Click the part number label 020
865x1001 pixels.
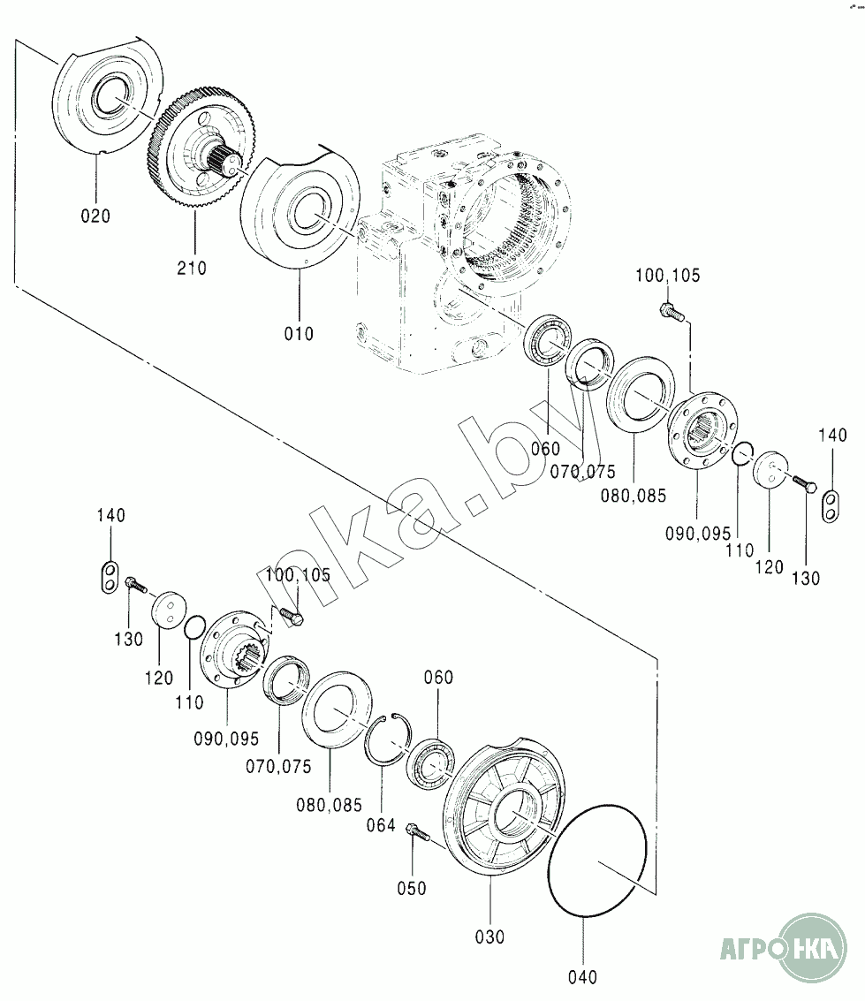[95, 215]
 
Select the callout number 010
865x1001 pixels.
[299, 333]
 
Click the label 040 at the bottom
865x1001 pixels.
[583, 977]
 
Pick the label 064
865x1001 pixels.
[381, 826]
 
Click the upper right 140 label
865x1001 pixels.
[831, 435]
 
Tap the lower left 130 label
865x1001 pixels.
[128, 638]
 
